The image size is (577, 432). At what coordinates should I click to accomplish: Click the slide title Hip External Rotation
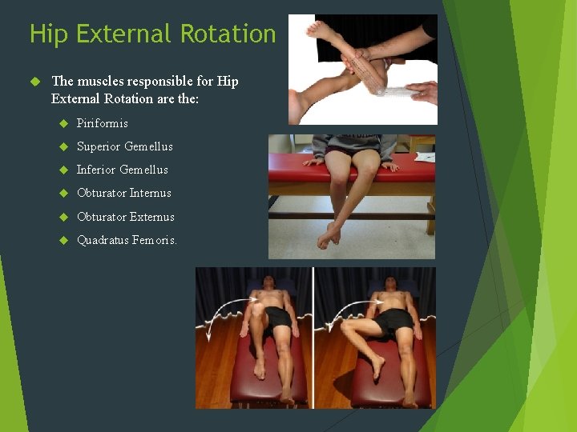click(152, 34)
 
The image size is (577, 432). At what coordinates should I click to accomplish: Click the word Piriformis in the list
click(102, 123)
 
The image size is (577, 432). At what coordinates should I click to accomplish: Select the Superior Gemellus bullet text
click(124, 146)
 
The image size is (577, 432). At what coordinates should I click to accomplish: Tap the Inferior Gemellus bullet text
click(122, 170)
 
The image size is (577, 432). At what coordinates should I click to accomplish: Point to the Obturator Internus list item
click(123, 193)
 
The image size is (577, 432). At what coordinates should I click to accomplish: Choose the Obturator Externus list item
click(125, 217)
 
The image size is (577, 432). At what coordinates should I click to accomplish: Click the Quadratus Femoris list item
click(127, 240)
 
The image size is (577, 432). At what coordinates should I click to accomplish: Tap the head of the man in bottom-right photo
click(389, 285)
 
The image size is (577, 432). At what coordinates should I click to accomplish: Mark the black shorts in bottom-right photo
click(396, 321)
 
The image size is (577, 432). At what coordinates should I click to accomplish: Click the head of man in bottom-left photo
click(271, 285)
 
